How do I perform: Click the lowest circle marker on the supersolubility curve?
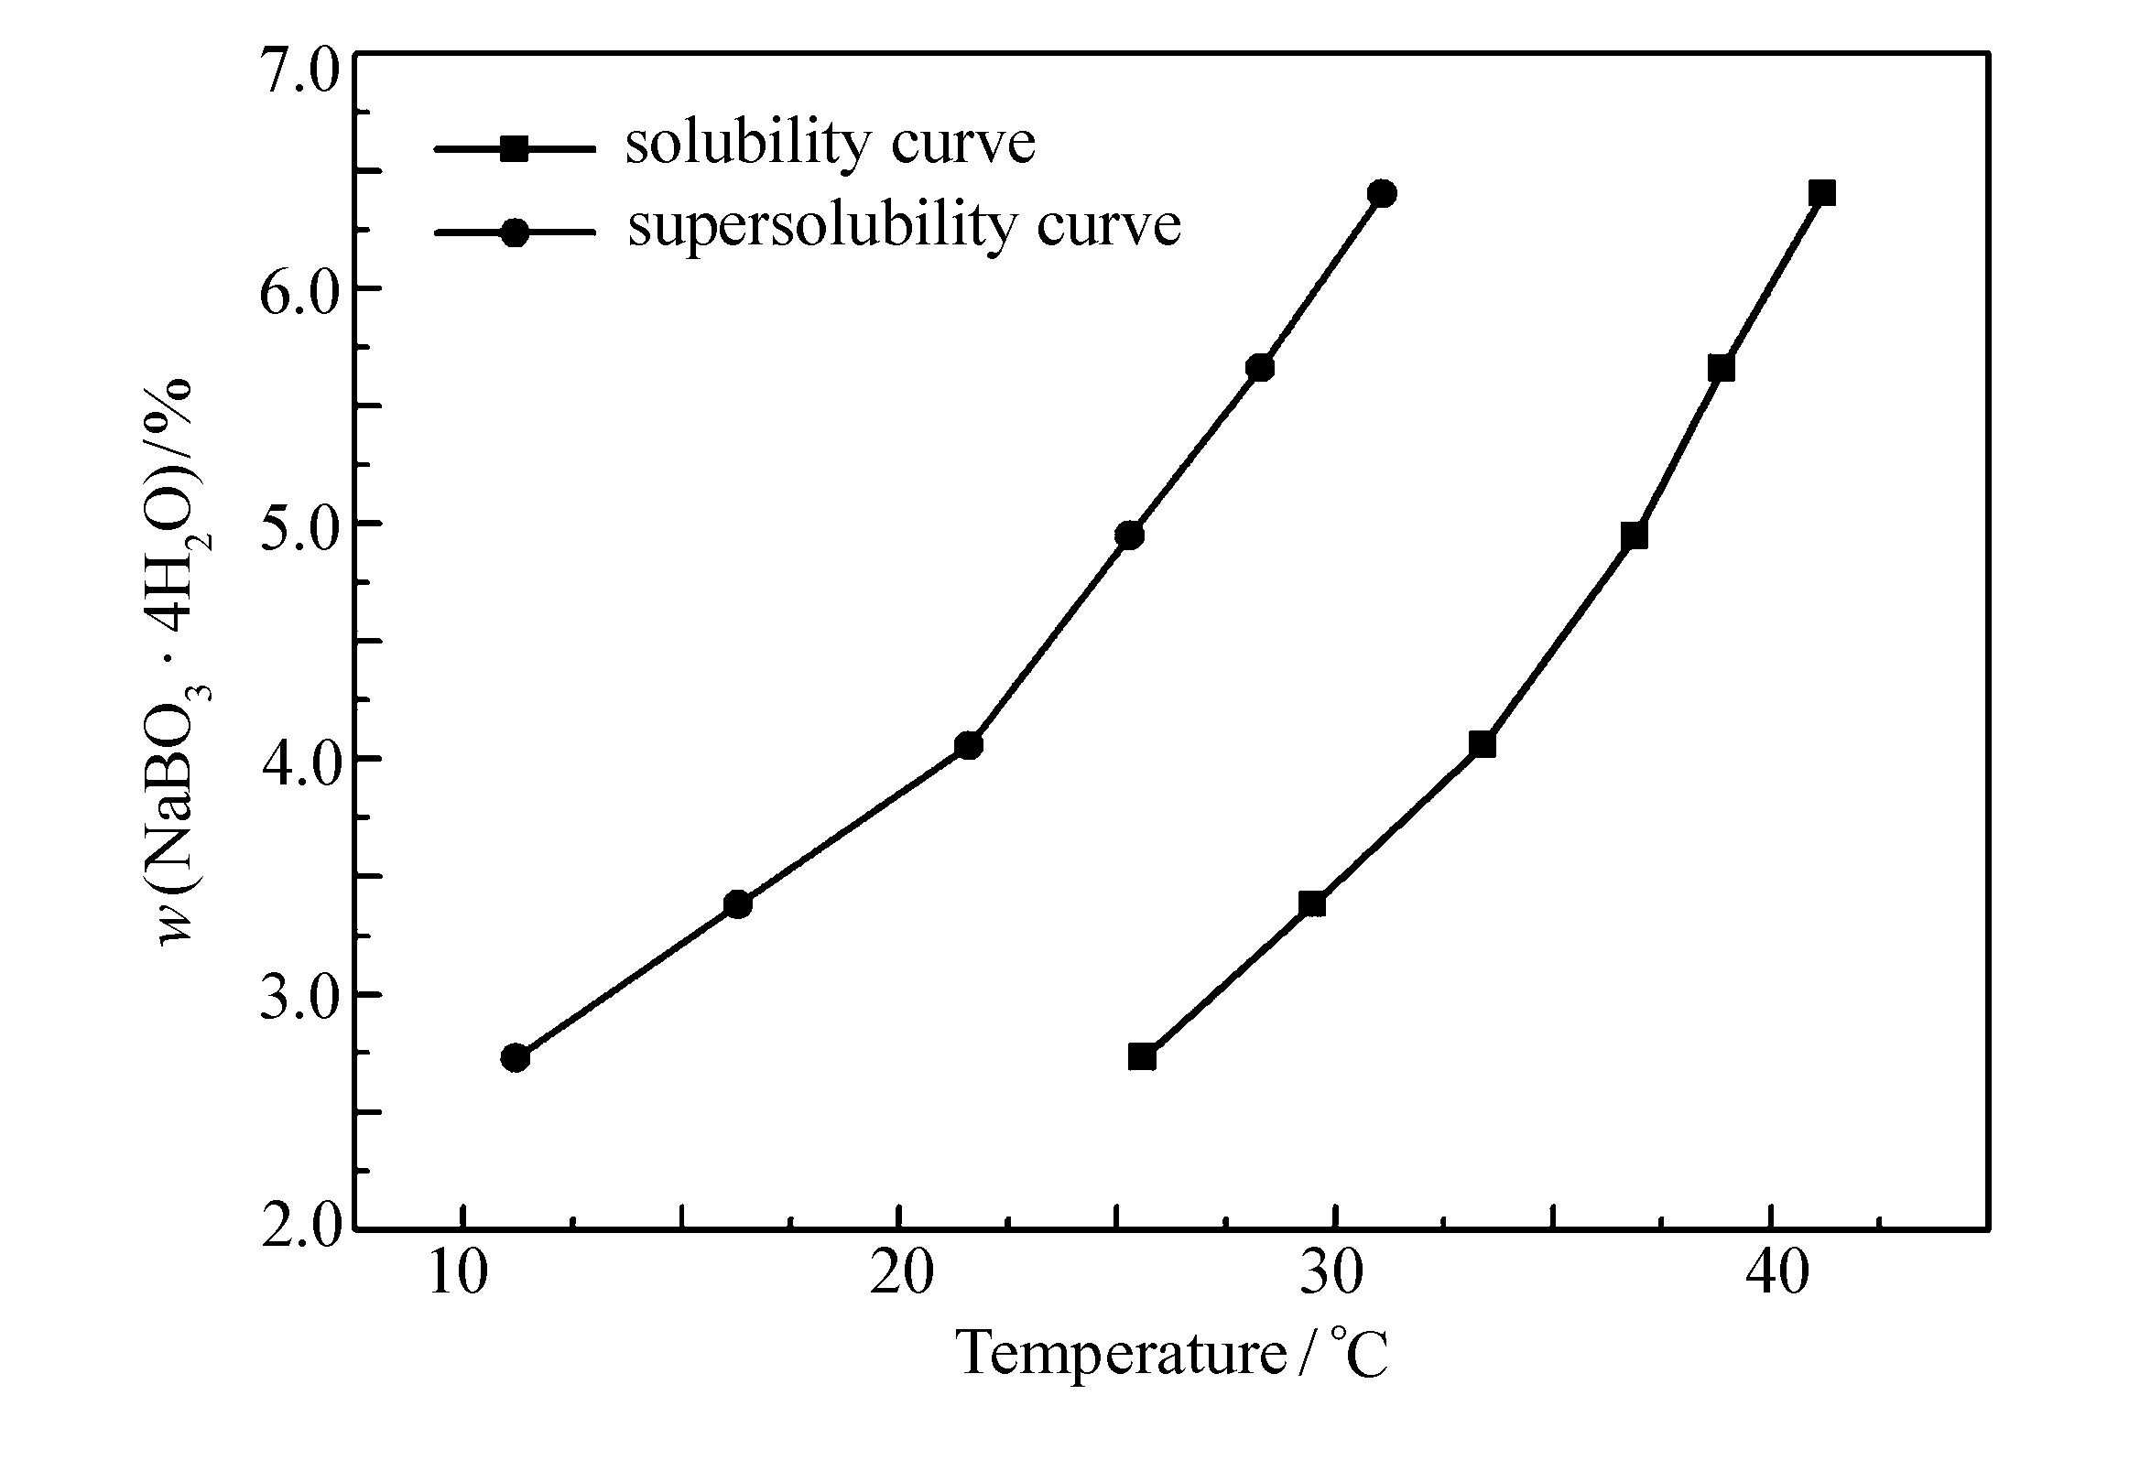516,1058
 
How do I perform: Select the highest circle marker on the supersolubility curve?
1382,193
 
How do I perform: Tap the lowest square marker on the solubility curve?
1143,1057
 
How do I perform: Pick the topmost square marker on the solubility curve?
1822,192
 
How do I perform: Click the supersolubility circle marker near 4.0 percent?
968,746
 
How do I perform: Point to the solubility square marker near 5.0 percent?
1634,535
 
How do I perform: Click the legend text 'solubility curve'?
830,145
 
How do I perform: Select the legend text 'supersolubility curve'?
904,225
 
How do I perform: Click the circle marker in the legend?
515,233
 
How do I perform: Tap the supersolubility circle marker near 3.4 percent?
738,904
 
